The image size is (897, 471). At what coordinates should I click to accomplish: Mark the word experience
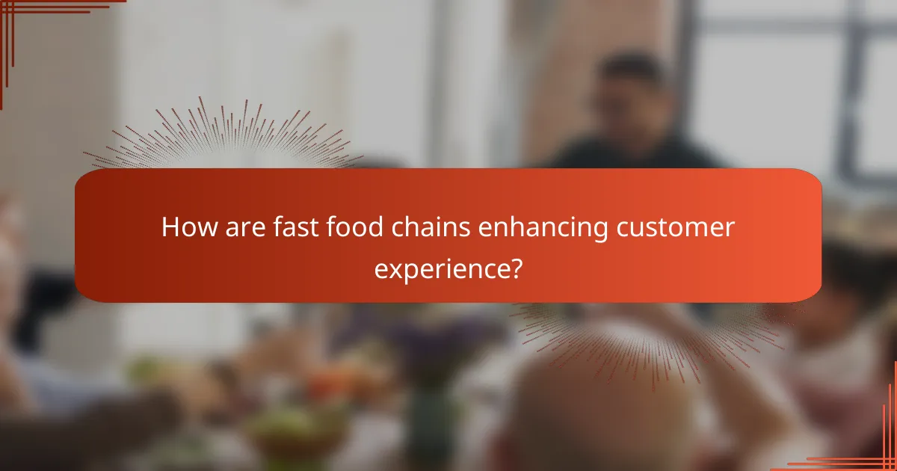(440, 268)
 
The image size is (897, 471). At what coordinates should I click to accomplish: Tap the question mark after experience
(514, 266)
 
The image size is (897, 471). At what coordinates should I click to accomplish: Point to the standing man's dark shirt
(635, 153)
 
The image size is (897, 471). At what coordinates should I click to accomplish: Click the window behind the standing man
(785, 82)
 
